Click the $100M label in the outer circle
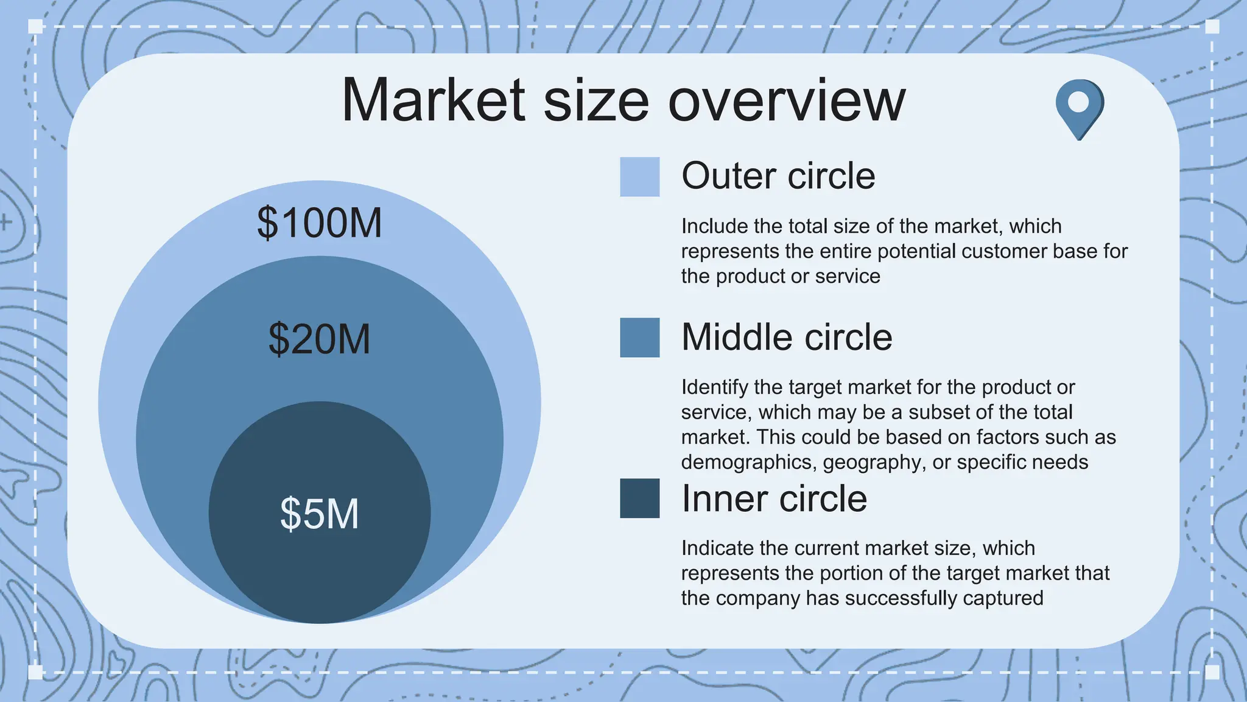320,223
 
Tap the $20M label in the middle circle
320,339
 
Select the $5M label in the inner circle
320,514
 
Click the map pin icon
1079,107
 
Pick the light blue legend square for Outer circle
639,177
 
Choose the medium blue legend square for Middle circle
639,338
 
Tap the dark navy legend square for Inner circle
639,498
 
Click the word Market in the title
433,101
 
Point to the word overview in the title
787,101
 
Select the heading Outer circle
778,176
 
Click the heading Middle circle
787,337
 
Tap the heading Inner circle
774,498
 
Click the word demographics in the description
747,463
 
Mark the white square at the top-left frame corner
35,26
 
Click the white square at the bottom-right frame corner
1212,672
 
